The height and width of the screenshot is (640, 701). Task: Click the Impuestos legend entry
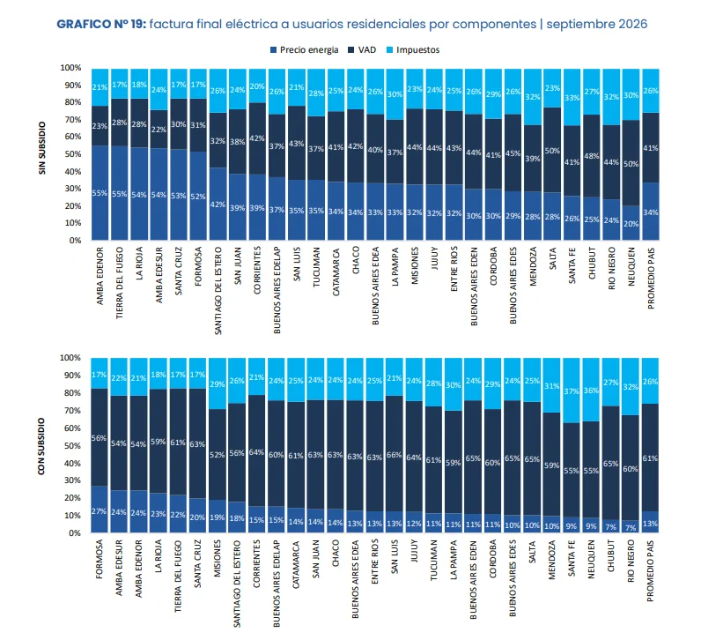click(413, 49)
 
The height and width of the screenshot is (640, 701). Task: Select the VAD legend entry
click(362, 49)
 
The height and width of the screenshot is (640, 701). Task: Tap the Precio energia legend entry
click(305, 49)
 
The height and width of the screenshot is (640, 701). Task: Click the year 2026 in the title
click(632, 24)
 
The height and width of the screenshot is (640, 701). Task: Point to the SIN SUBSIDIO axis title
click(42, 148)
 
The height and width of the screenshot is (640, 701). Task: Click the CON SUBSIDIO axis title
click(41, 446)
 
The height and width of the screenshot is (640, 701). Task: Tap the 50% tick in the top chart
click(70, 154)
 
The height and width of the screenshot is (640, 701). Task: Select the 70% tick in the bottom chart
click(70, 411)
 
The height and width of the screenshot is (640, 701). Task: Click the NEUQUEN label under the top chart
click(631, 267)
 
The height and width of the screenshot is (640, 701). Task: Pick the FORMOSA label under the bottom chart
click(100, 559)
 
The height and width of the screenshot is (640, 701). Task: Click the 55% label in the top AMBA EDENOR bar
click(100, 193)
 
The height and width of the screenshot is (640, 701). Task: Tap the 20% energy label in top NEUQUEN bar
click(631, 224)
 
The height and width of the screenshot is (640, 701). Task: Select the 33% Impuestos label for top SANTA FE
click(572, 98)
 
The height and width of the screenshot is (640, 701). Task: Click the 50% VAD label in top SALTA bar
click(552, 151)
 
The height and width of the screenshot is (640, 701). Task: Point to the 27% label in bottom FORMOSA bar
click(99, 511)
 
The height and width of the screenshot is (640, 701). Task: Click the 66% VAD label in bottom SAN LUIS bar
click(394, 455)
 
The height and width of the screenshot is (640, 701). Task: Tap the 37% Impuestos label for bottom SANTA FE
click(571, 391)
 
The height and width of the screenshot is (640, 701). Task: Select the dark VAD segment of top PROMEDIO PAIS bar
click(651, 147)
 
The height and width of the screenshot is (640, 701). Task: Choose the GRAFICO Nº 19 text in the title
click(101, 24)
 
